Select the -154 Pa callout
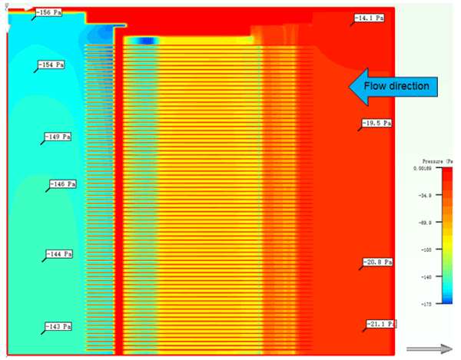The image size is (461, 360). (51, 64)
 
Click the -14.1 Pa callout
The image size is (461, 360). (369, 18)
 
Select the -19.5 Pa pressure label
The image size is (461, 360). (377, 123)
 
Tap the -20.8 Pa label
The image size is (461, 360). (378, 263)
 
